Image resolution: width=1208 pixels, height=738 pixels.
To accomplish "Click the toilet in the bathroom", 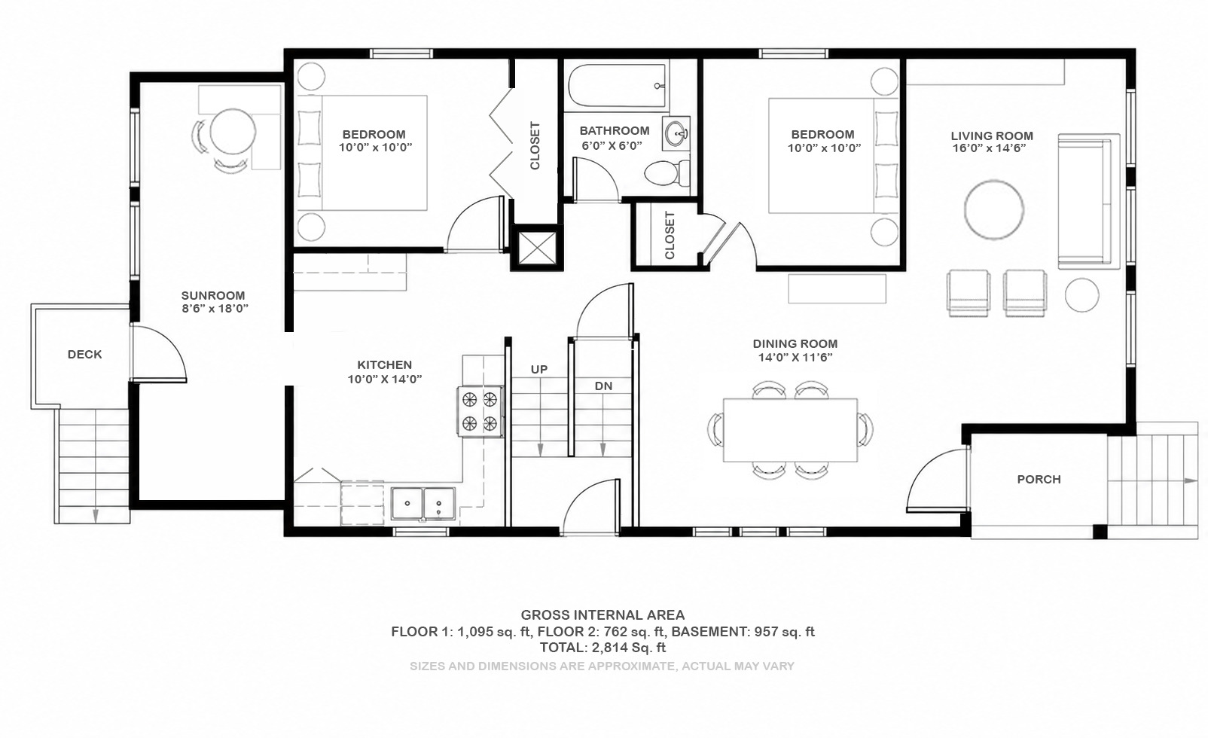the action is tap(667, 173).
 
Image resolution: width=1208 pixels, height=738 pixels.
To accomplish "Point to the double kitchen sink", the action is tap(423, 504).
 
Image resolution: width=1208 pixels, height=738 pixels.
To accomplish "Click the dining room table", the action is tap(790, 430).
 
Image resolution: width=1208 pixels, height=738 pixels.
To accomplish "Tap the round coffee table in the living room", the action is tap(994, 209).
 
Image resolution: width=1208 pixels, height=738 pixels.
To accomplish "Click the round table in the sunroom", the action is tap(233, 132).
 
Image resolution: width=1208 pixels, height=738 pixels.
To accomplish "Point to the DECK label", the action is tap(84, 354).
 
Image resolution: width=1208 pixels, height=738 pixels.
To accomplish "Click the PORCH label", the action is tap(1039, 479).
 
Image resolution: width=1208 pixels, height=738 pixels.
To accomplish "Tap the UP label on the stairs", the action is tap(538, 369).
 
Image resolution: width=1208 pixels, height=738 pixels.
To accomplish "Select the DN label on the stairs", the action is tap(603, 386).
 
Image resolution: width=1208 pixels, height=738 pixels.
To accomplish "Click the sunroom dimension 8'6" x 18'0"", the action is tap(215, 308).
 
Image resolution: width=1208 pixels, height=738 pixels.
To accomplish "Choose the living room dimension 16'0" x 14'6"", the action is tap(989, 148).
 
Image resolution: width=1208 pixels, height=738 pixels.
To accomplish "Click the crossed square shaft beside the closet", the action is tap(537, 248).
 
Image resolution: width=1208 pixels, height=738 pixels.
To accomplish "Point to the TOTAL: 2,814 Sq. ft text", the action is tap(603, 648).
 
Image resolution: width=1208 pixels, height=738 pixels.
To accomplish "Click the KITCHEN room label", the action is tap(385, 365).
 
